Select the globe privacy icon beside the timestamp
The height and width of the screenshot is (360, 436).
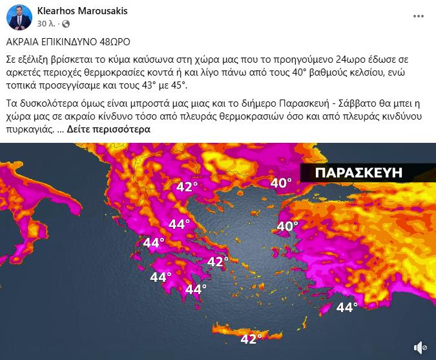click(x=65, y=23)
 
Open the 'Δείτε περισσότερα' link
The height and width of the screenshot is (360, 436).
click(x=109, y=129)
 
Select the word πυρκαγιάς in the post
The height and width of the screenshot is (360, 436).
click(x=29, y=129)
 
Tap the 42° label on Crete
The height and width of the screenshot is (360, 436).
click(x=251, y=338)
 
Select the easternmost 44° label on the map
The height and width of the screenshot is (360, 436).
click(x=347, y=307)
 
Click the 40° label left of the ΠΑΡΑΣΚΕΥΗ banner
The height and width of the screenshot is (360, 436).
click(x=280, y=183)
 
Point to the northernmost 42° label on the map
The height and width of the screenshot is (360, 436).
click(x=187, y=187)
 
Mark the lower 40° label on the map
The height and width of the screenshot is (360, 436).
click(x=287, y=226)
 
